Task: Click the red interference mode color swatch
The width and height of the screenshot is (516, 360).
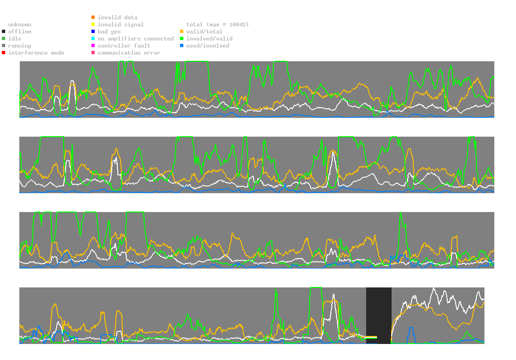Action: tap(4, 53)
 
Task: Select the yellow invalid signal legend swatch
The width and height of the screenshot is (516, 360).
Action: tap(93, 25)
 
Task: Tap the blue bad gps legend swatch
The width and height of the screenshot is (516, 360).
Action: tap(93, 32)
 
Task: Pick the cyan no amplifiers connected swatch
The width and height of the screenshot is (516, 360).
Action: tap(93, 39)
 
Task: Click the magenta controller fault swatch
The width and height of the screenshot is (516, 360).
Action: tap(93, 46)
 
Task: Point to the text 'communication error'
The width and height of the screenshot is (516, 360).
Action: tap(129, 53)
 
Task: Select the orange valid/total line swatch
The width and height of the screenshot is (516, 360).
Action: tap(182, 32)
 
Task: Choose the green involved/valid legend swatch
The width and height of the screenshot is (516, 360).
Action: tap(182, 39)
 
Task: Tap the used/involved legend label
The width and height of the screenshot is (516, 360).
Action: tap(208, 46)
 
